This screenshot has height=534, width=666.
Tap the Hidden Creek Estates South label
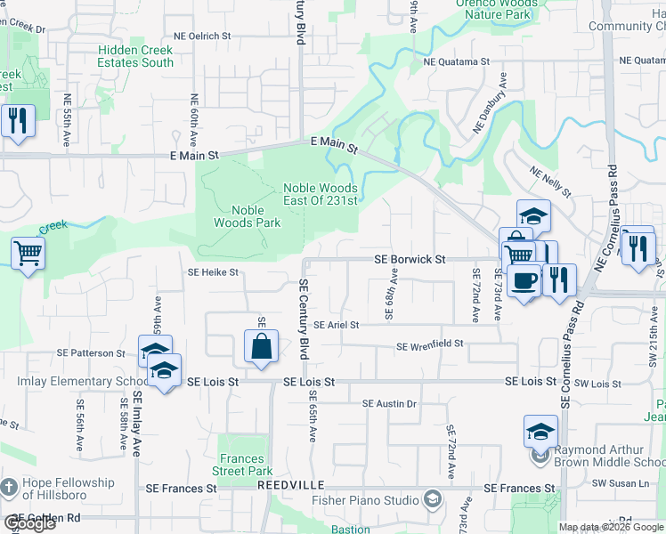136,57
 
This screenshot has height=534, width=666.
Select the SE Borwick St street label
410,259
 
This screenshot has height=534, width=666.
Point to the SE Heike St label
213,272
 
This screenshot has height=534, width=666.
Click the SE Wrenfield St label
430,345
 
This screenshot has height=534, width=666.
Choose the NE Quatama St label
457,62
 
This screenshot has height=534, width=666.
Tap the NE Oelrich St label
202,36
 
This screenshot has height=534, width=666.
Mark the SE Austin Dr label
389,404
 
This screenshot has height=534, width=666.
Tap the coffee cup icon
524,280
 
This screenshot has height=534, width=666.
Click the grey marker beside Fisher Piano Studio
433,499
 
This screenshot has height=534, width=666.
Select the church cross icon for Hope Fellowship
9,488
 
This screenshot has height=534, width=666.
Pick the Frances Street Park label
246,465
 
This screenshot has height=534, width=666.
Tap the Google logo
29,523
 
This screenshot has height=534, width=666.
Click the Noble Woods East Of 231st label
320,194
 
